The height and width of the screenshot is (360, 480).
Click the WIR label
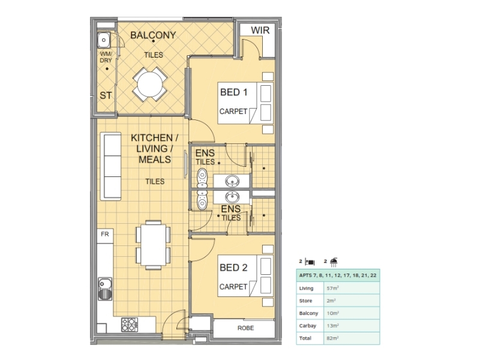tap(260, 31)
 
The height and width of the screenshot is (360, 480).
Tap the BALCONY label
tap(153, 35)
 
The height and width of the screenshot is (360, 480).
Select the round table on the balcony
tap(150, 85)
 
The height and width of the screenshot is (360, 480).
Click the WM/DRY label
tap(106, 57)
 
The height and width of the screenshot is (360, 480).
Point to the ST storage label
tap(106, 95)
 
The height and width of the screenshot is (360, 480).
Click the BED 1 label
tap(233, 92)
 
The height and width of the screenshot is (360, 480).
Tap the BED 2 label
tap(233, 268)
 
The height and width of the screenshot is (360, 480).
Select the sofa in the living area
tap(111, 166)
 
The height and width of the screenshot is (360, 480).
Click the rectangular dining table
tap(154, 245)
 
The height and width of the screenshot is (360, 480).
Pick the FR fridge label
tap(104, 234)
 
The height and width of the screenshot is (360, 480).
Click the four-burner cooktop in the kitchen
tap(129, 325)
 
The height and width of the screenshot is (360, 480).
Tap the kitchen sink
tap(105, 289)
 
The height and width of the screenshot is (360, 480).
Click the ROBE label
tap(245, 328)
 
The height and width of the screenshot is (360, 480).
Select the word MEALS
tap(155, 160)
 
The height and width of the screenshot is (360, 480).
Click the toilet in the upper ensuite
tap(202, 178)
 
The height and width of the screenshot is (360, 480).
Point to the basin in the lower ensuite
tap(232, 197)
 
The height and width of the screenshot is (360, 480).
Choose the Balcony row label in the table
tap(308, 313)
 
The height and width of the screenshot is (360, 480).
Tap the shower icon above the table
tap(334, 262)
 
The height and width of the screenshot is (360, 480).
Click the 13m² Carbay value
tap(333, 326)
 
